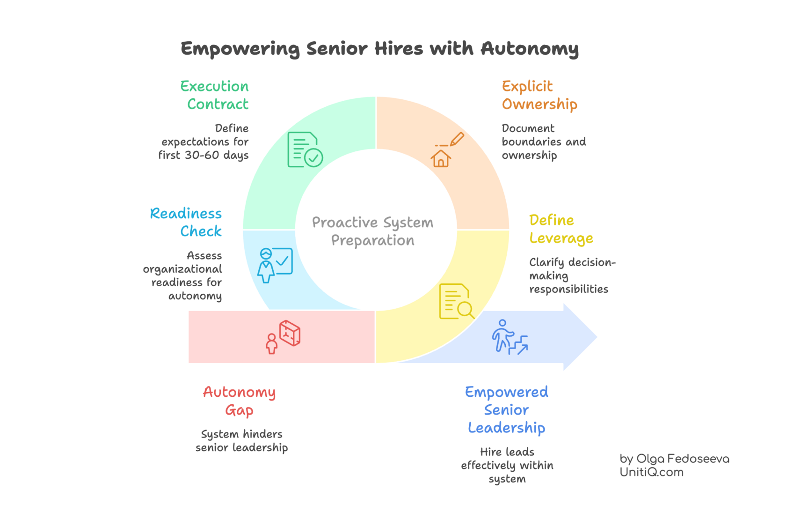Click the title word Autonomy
point(530,49)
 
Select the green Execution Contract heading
point(215,95)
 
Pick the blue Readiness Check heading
point(186,222)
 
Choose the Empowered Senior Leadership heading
point(507,410)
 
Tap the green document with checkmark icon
point(305,149)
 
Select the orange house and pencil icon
point(446,150)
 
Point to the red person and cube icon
point(284,337)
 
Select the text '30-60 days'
point(216,156)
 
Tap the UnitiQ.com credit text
point(652,472)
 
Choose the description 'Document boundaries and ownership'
point(543,141)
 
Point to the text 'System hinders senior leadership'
point(241,441)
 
